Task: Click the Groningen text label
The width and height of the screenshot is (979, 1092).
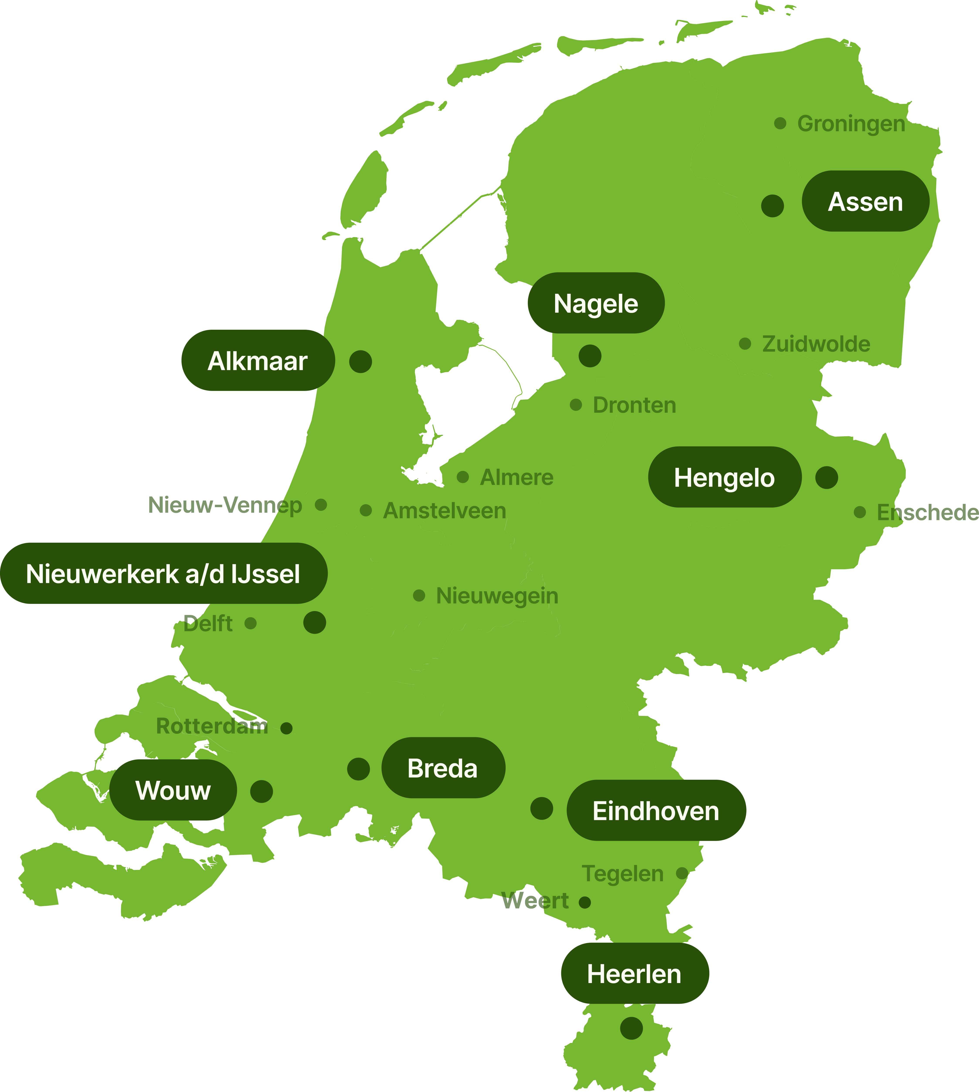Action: pyautogui.click(x=851, y=124)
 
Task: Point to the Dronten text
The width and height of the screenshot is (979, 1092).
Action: pyautogui.click(x=634, y=405)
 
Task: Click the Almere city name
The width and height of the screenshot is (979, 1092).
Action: pyautogui.click(x=516, y=477)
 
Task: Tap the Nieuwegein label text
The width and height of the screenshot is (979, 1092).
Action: pyautogui.click(x=497, y=596)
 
